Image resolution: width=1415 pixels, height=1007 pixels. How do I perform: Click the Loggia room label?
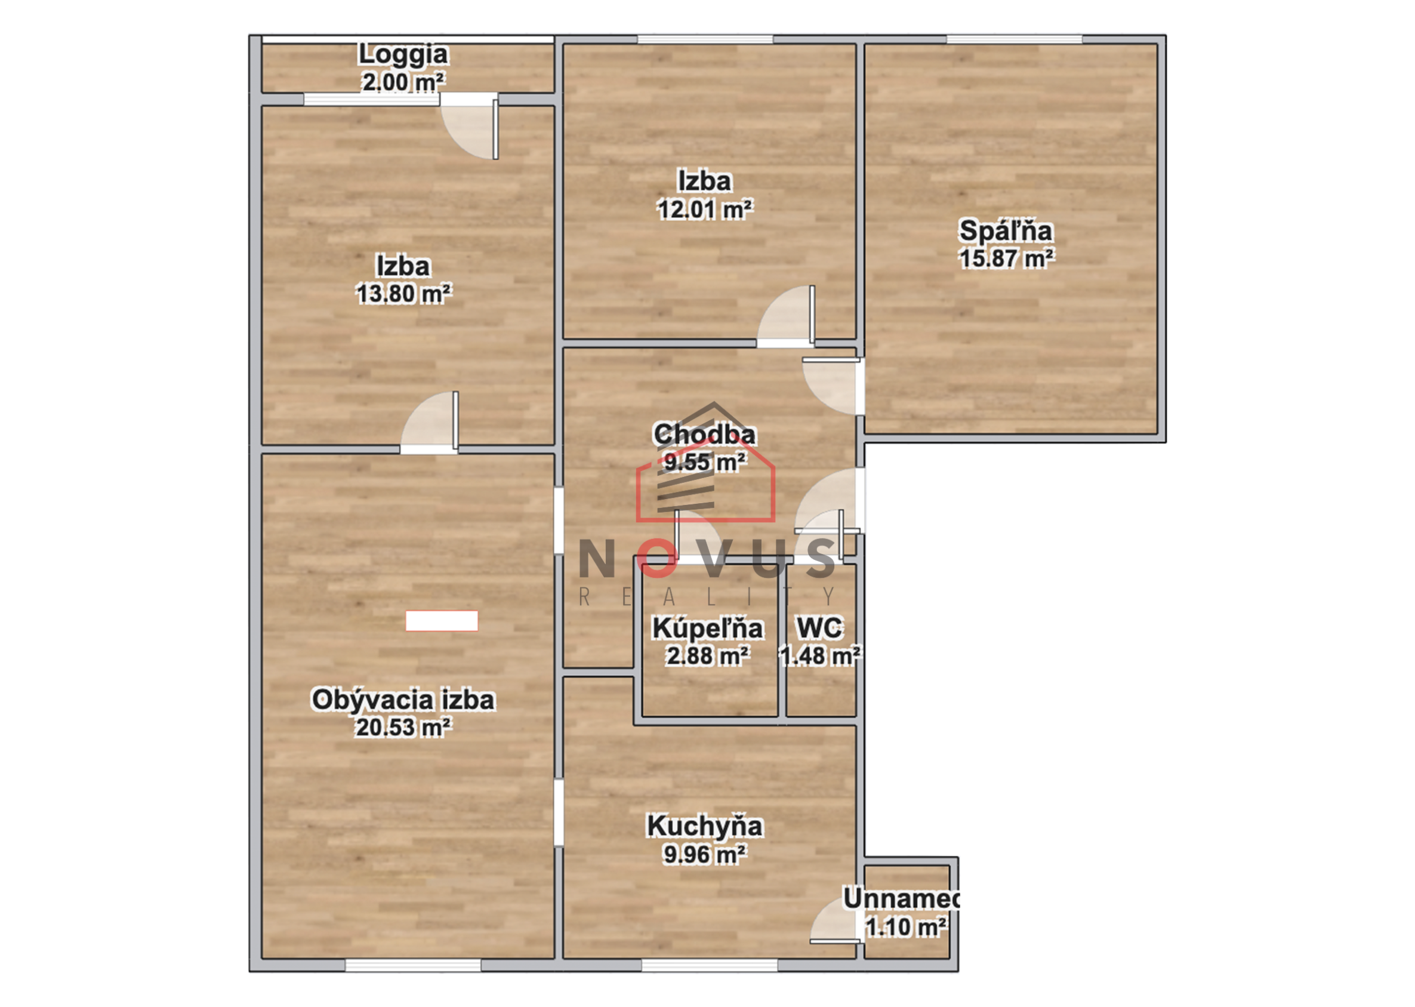pos(403,54)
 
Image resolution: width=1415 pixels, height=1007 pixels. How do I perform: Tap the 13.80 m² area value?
pos(403,293)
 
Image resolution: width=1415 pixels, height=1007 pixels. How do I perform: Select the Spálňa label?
pos(1006,230)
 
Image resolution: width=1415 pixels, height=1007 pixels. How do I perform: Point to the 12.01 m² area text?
pos(705,209)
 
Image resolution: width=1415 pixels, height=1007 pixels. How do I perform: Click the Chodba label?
pos(705,434)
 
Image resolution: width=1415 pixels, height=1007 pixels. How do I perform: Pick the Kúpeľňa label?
pos(708,628)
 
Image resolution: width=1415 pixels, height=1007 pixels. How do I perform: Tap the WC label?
pos(819,627)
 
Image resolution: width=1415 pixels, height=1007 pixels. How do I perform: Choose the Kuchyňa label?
pos(705,826)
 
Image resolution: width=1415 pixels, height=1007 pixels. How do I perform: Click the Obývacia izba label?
pos(403,700)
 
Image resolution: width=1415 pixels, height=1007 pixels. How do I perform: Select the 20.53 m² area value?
pos(403,728)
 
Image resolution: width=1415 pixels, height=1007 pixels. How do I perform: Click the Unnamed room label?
pos(902,898)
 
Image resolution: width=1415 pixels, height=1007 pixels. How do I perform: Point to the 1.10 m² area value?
pos(906,927)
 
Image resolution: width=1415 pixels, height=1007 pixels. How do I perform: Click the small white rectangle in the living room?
pos(441,621)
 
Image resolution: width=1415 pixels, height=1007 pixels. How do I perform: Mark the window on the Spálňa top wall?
pos(1014,39)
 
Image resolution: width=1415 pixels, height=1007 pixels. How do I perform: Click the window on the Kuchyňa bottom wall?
pos(710,965)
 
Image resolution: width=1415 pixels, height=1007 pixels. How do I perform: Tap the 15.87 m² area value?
pos(1006,258)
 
